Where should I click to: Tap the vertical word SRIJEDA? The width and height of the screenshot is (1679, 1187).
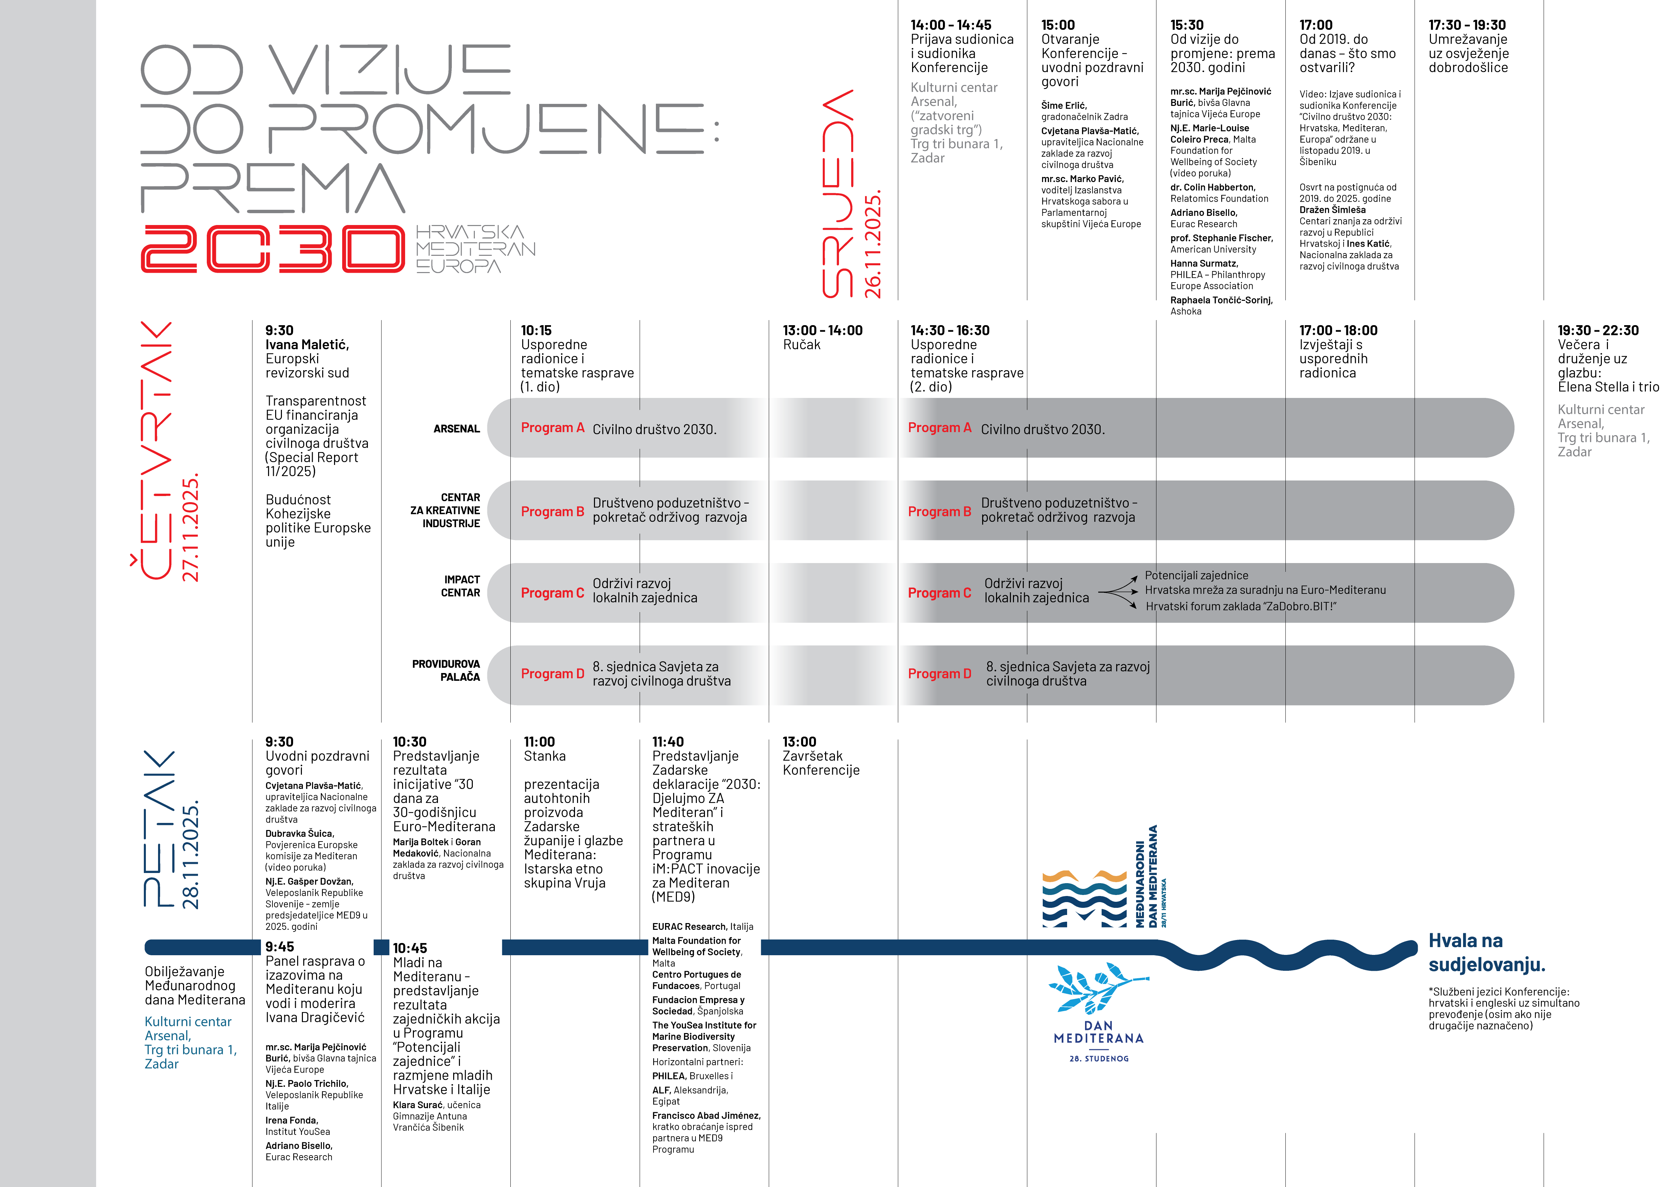coord(837,194)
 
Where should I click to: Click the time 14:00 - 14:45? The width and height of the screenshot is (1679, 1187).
coord(951,25)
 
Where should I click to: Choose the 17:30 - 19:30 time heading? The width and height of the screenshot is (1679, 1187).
coord(1467,25)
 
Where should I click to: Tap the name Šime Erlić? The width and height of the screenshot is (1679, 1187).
coord(1064,105)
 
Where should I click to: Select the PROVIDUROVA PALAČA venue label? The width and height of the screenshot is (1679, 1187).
coord(446,670)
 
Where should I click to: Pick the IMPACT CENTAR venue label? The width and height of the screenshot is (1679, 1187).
coord(461,586)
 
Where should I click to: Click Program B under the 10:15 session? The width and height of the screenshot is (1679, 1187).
coord(552,512)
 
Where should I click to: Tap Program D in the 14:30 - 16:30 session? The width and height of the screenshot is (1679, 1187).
coord(939,674)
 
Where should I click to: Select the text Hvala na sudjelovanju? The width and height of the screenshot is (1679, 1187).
coord(1487,953)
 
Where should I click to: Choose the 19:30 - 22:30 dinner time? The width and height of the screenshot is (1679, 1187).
coord(1598,330)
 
